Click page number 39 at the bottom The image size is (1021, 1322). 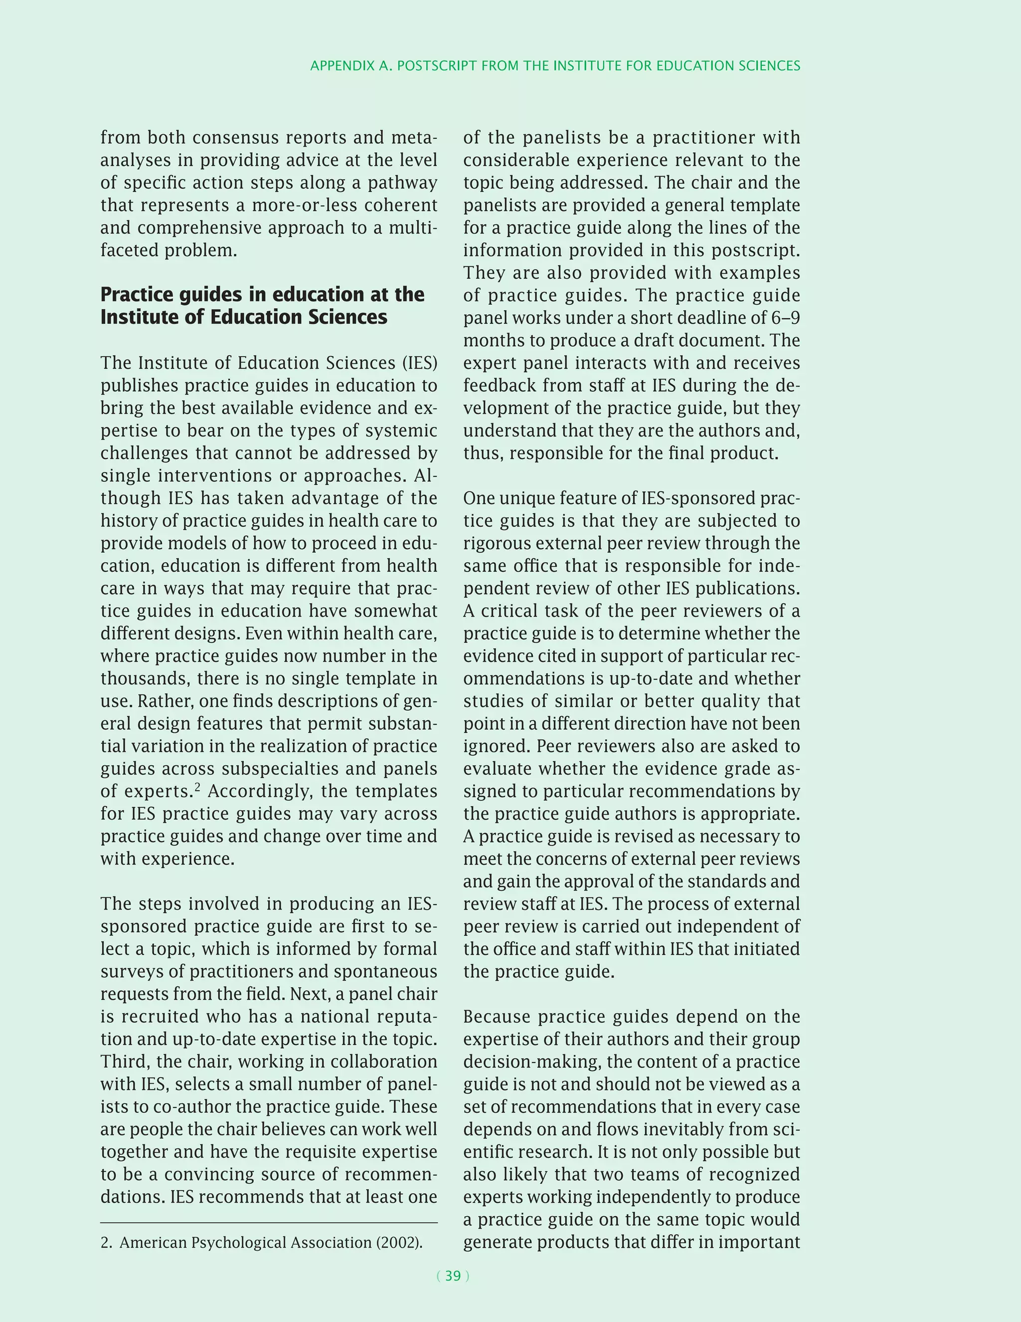point(453,1276)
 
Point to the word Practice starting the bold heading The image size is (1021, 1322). point(141,295)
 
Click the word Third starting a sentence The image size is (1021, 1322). point(125,1062)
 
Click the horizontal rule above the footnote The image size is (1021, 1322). point(269,1223)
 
